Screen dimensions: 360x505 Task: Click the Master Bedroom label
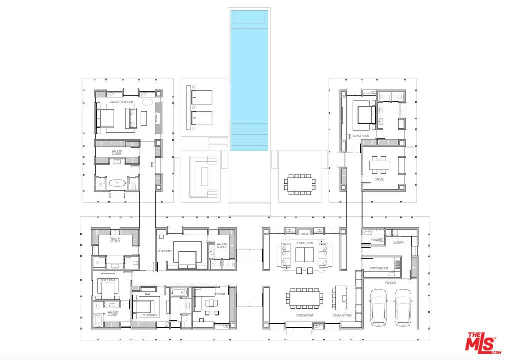click(x=120, y=102)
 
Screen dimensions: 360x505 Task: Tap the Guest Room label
click(x=360, y=136)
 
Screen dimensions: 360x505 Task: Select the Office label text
click(x=379, y=180)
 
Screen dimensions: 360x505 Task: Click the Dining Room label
click(x=304, y=316)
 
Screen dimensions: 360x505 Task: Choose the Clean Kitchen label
click(x=343, y=316)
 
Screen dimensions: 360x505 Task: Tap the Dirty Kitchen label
click(x=379, y=268)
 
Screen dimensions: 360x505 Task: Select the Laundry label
click(x=398, y=243)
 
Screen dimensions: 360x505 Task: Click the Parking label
click(x=391, y=283)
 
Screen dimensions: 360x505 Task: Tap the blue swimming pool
click(x=249, y=80)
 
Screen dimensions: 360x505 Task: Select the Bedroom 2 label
click(x=165, y=251)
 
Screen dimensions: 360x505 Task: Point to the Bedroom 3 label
click(x=149, y=315)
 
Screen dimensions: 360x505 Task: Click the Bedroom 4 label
click(x=108, y=280)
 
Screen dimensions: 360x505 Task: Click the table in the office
click(x=379, y=164)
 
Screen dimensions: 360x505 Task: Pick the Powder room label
click(x=377, y=240)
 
